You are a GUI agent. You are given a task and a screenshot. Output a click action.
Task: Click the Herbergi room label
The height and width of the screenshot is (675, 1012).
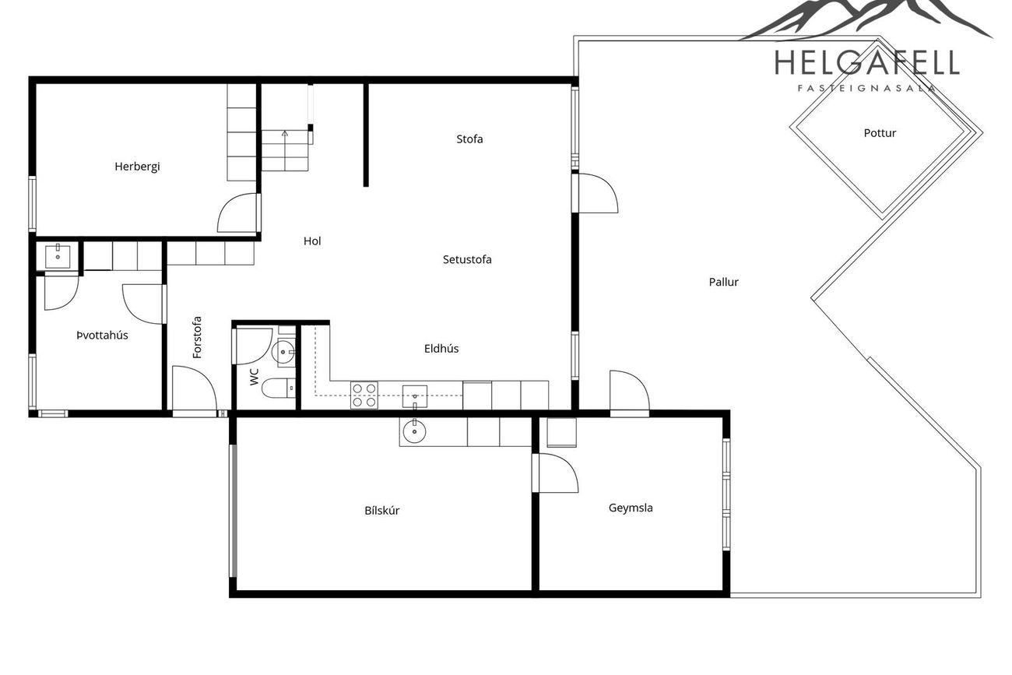tap(137, 167)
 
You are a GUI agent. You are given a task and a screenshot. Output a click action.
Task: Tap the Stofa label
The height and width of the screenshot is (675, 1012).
tap(469, 139)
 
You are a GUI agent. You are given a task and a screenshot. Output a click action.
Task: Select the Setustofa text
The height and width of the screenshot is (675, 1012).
tap(467, 260)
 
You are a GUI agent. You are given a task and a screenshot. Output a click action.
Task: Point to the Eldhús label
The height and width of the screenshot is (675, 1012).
tap(441, 349)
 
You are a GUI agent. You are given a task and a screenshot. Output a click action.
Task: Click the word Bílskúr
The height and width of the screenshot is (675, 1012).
tap(382, 511)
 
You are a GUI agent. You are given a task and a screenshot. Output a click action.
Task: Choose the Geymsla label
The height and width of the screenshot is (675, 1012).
tap(631, 508)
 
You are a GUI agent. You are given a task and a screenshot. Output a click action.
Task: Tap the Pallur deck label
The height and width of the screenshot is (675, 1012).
tap(724, 283)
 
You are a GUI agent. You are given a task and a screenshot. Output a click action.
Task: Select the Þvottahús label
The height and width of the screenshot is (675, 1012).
tap(103, 336)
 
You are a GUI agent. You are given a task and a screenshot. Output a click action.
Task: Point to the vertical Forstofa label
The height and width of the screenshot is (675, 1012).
tap(198, 338)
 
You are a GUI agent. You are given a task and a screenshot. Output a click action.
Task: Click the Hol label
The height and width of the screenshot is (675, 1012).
tap(312, 241)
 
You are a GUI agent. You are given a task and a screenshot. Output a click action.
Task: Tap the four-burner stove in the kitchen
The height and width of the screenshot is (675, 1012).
tap(364, 396)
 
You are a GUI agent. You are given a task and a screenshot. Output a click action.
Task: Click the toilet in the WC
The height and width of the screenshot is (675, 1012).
tap(279, 388)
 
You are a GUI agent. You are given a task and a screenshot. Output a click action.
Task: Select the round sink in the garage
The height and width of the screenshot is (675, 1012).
tap(414, 431)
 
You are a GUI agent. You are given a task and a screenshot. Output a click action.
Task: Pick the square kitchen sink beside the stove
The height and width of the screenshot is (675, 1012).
tap(415, 397)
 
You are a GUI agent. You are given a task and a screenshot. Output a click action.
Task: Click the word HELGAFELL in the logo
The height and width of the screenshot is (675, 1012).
tap(867, 63)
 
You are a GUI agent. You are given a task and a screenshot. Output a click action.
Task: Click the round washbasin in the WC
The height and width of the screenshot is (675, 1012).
tap(283, 351)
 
